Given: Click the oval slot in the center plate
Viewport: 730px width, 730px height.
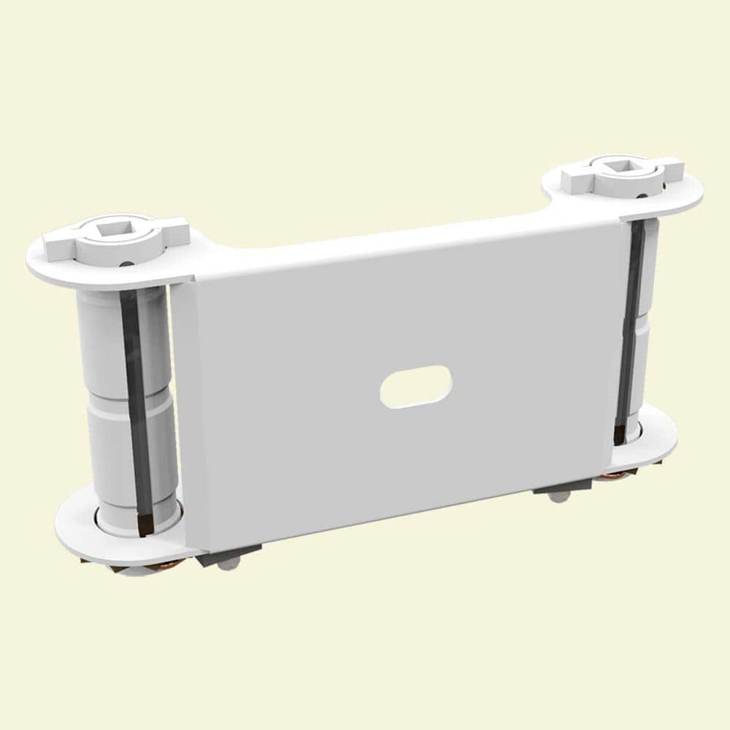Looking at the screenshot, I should click(x=415, y=385).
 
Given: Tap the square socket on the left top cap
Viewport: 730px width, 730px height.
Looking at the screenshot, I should click(x=114, y=234).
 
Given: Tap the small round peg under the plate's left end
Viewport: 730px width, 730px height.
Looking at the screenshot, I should click(x=229, y=564).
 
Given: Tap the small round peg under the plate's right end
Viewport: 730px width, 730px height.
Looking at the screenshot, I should click(x=559, y=497).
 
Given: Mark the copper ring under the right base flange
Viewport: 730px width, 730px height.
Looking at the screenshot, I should click(x=613, y=476).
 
